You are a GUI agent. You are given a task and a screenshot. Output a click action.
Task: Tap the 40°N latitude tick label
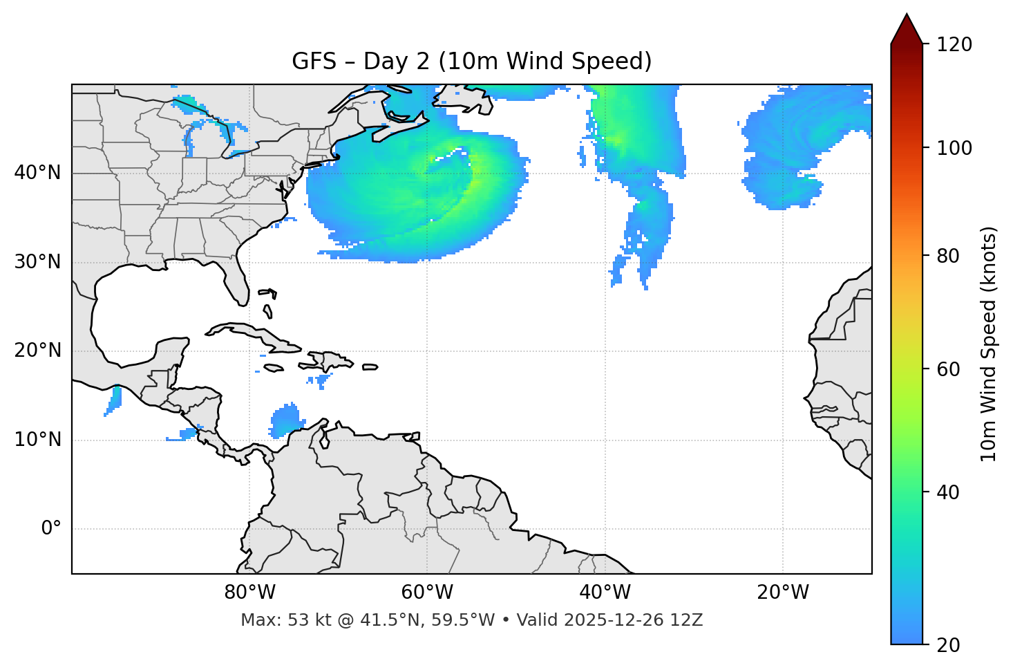coord(37,173)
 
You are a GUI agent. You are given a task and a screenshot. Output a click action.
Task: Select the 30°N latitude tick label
coord(37,262)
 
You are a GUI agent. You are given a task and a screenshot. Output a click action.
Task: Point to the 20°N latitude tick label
coord(37,351)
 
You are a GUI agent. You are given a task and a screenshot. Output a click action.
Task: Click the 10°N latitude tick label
coord(37,440)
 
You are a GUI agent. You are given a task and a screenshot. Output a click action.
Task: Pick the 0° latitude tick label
coord(50,529)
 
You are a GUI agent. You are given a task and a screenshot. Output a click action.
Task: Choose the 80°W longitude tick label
coord(249,593)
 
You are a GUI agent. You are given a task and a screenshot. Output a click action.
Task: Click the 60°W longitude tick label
coord(427,593)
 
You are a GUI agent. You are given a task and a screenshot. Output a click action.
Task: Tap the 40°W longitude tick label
coord(605,593)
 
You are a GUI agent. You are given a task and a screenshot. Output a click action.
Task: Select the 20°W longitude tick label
coord(782,593)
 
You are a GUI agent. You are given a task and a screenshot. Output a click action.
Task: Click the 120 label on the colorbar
coord(954,45)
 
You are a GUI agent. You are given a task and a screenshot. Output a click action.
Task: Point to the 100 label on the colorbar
coord(954,148)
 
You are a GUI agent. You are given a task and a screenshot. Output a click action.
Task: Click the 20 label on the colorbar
coord(948,645)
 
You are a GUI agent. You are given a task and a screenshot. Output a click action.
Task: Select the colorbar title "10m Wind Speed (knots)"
coord(989,344)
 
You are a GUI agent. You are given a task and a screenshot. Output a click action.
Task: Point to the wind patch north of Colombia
coord(286,420)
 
